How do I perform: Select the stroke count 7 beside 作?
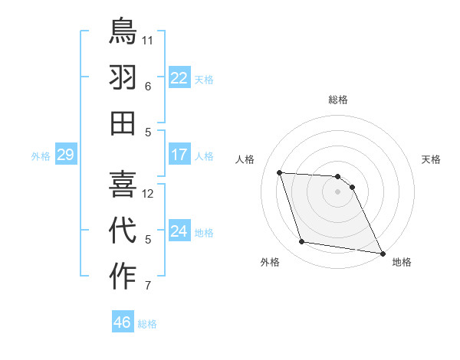coord(148,286)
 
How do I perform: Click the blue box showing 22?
coord(179,78)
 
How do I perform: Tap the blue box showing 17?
coord(179,155)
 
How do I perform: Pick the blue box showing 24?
coord(179,232)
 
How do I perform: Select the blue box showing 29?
coord(65,155)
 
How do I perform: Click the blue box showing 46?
coord(122,322)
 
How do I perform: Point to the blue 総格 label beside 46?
coord(147,324)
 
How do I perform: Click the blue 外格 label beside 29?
coord(41,156)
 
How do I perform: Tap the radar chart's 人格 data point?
coord(280,172)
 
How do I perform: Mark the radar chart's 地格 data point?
coord(382,253)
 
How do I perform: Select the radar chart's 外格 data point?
coord(302,242)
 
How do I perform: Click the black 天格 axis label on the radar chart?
coord(431,159)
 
